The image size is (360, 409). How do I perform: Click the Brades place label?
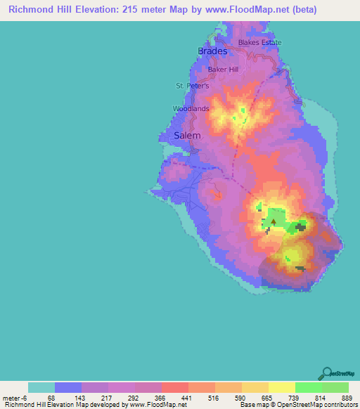pyautogui.click(x=212, y=51)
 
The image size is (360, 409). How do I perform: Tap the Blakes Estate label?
pyautogui.click(x=259, y=42)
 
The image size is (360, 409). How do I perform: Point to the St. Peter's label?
pyautogui.click(x=193, y=86)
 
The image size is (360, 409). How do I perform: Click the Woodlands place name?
pyautogui.click(x=191, y=109)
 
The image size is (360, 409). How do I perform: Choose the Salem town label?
pyautogui.click(x=187, y=135)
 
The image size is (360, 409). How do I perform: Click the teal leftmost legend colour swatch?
pyautogui.click(x=41, y=387)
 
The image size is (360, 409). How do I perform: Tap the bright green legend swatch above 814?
pyautogui.click(x=308, y=387)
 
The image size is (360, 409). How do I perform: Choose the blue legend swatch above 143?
pyautogui.click(x=68, y=387)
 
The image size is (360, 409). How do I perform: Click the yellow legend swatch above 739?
pyautogui.click(x=281, y=387)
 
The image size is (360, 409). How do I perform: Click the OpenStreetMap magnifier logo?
pyautogui.click(x=327, y=372)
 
